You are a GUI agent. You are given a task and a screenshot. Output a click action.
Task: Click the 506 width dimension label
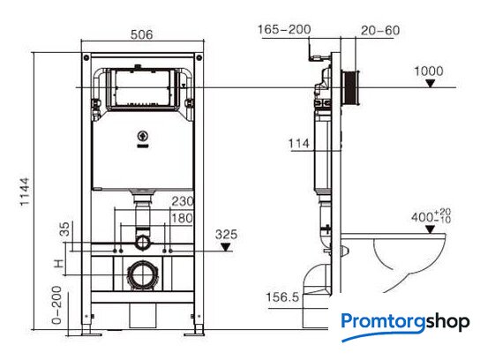pos(141,34)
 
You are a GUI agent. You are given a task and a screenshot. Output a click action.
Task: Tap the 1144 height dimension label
pos(25,191)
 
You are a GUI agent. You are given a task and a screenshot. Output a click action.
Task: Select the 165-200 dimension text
pos(284,30)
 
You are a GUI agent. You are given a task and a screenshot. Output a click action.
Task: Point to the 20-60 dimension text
pos(380,30)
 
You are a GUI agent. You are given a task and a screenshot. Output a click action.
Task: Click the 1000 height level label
pos(429,71)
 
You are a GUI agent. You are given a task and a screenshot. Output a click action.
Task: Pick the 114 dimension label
pos(299,143)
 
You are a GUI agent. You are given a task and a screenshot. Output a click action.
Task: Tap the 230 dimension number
pos(183,201)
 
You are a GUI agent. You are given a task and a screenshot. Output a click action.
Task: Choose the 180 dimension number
pos(182,218)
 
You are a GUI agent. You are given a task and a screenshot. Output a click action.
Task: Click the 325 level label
pos(226,235)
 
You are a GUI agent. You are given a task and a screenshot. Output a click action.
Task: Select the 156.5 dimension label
pos(282,297)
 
